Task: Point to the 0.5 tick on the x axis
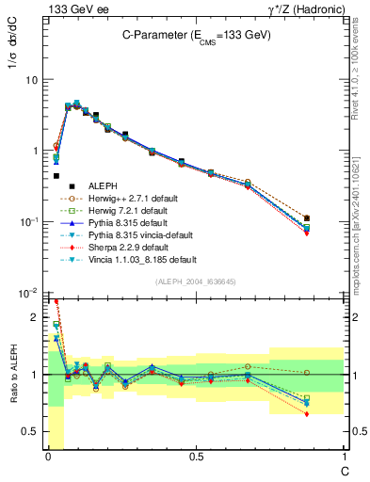click(195, 458)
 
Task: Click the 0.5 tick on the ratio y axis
click(31, 431)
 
